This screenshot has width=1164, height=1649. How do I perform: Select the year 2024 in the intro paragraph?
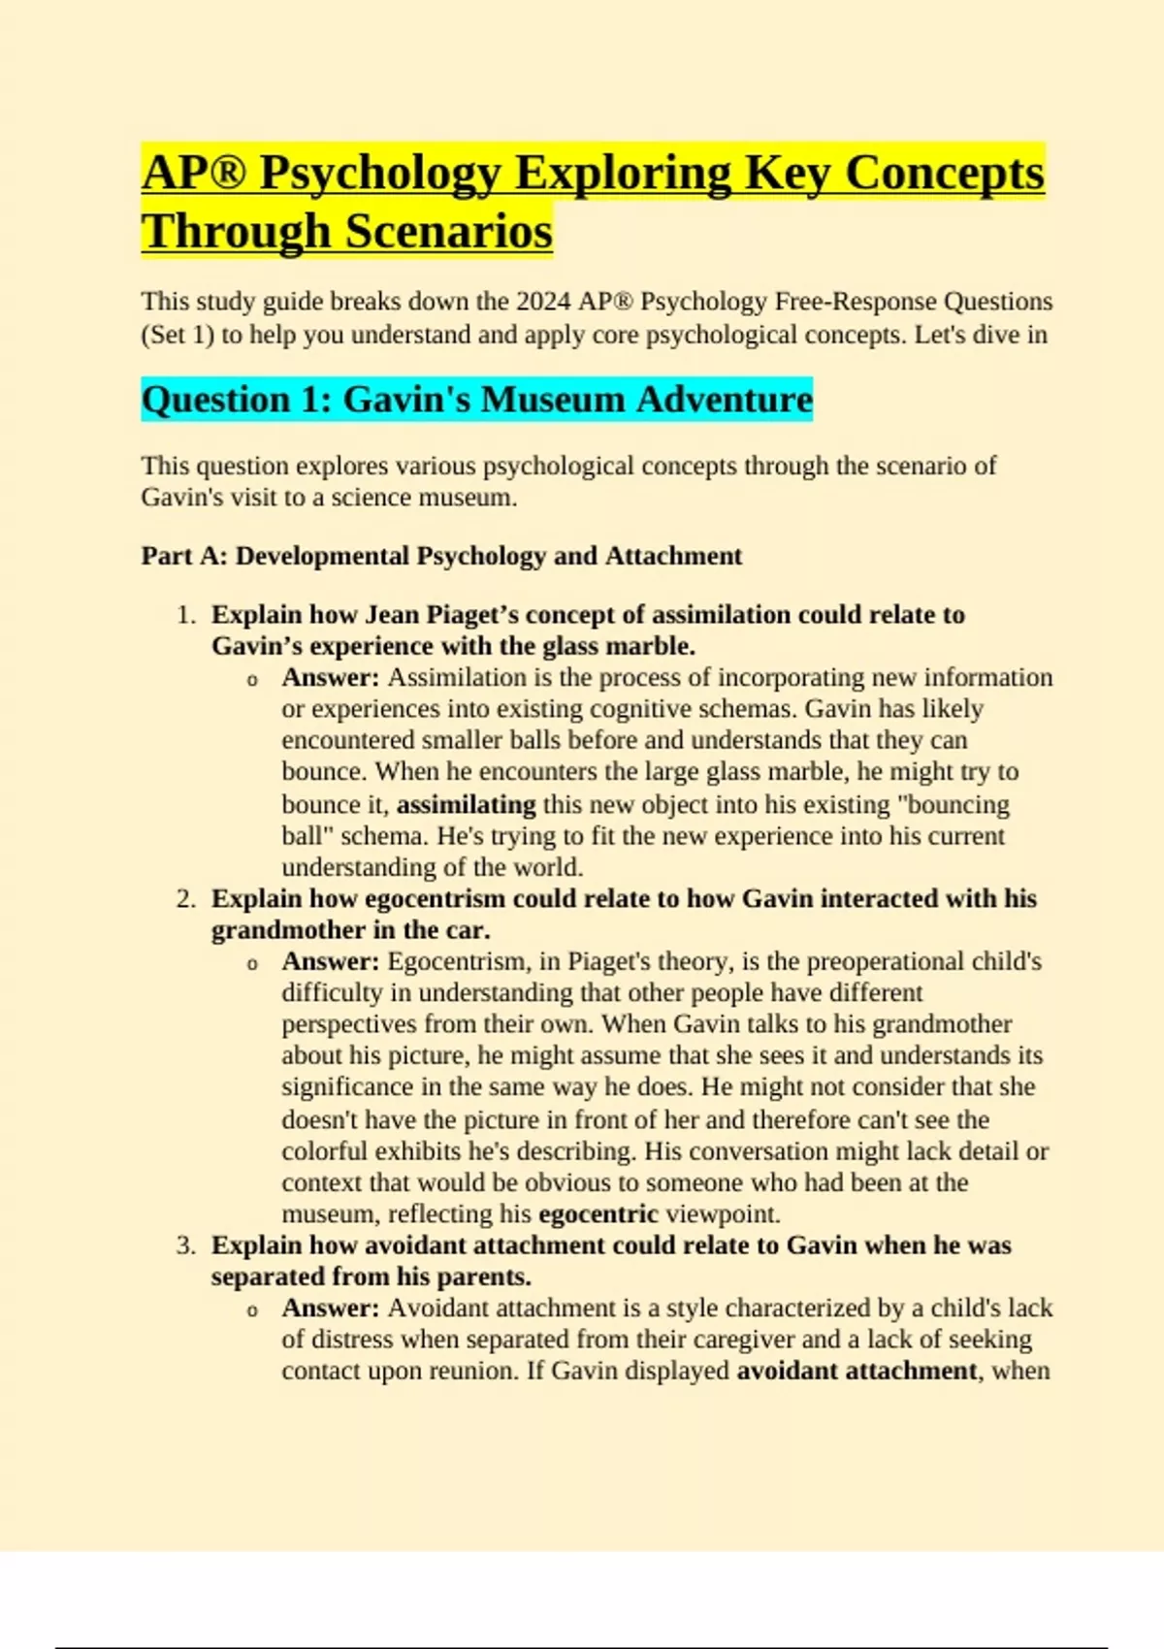coord(542,302)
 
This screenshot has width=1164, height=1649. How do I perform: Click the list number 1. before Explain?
coord(186,615)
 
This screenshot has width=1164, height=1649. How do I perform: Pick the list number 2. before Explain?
coord(186,899)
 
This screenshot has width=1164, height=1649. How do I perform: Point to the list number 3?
coord(186,1245)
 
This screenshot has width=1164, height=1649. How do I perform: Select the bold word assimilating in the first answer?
coord(466,805)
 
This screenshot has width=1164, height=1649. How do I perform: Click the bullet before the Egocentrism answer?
coord(252,964)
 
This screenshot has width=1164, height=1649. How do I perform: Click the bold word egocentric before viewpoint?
coord(598,1214)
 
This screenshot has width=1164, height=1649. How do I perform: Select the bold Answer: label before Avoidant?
coord(330,1309)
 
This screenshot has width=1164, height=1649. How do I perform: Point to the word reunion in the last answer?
coord(469,1372)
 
